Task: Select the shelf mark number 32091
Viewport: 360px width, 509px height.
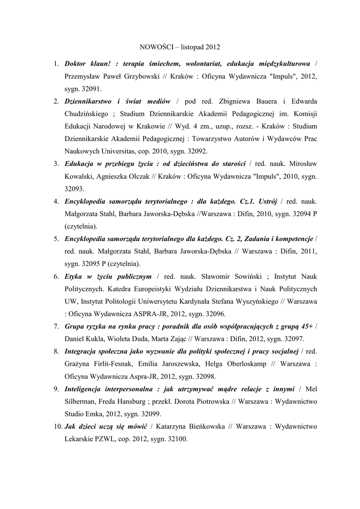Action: [x=90, y=90]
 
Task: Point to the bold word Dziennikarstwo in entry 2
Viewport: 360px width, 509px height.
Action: [x=90, y=101]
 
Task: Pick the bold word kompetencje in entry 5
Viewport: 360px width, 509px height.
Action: [x=292, y=239]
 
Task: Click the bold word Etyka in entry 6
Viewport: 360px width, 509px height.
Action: [x=74, y=276]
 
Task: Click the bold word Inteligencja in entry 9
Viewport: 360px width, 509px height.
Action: [x=87, y=388]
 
